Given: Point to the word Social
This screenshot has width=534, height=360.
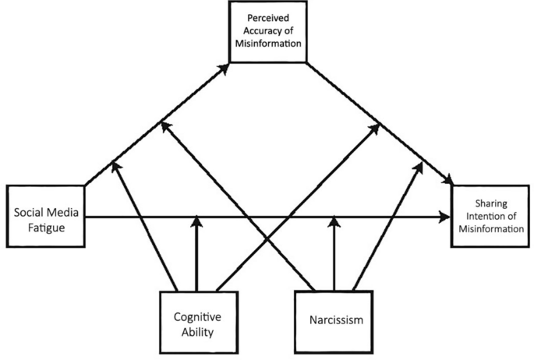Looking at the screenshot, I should pyautogui.click(x=27, y=208).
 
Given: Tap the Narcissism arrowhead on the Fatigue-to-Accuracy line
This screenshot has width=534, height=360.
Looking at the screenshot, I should pyautogui.click(x=164, y=125).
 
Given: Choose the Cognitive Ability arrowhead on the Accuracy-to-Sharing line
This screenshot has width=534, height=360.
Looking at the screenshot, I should pyautogui.click(x=377, y=125).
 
